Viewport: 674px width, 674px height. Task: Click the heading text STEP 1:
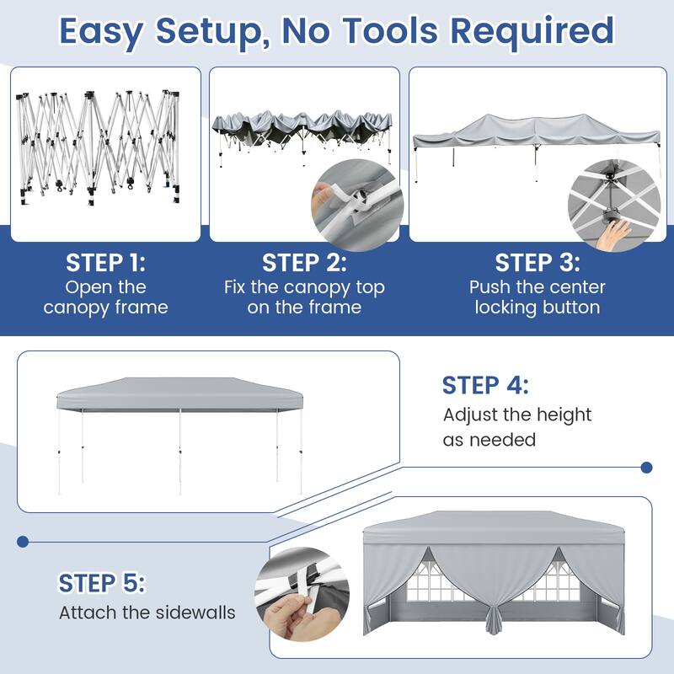(106, 263)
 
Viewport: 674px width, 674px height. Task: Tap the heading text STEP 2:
(304, 263)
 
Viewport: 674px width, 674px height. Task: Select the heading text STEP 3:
(538, 263)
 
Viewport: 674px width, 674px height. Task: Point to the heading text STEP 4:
(485, 385)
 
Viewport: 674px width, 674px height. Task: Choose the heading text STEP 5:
(102, 583)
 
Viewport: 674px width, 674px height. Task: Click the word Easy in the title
(101, 32)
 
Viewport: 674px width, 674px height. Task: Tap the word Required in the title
(532, 31)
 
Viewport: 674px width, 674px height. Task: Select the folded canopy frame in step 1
(98, 147)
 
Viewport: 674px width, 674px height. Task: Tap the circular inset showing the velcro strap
(357, 205)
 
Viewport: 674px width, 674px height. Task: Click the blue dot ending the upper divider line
(646, 468)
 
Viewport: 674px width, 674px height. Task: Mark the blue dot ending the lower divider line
(23, 542)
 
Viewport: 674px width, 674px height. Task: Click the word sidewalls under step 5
(195, 612)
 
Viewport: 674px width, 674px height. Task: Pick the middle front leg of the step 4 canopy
(180, 452)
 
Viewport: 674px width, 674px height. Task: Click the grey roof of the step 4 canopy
(179, 393)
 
